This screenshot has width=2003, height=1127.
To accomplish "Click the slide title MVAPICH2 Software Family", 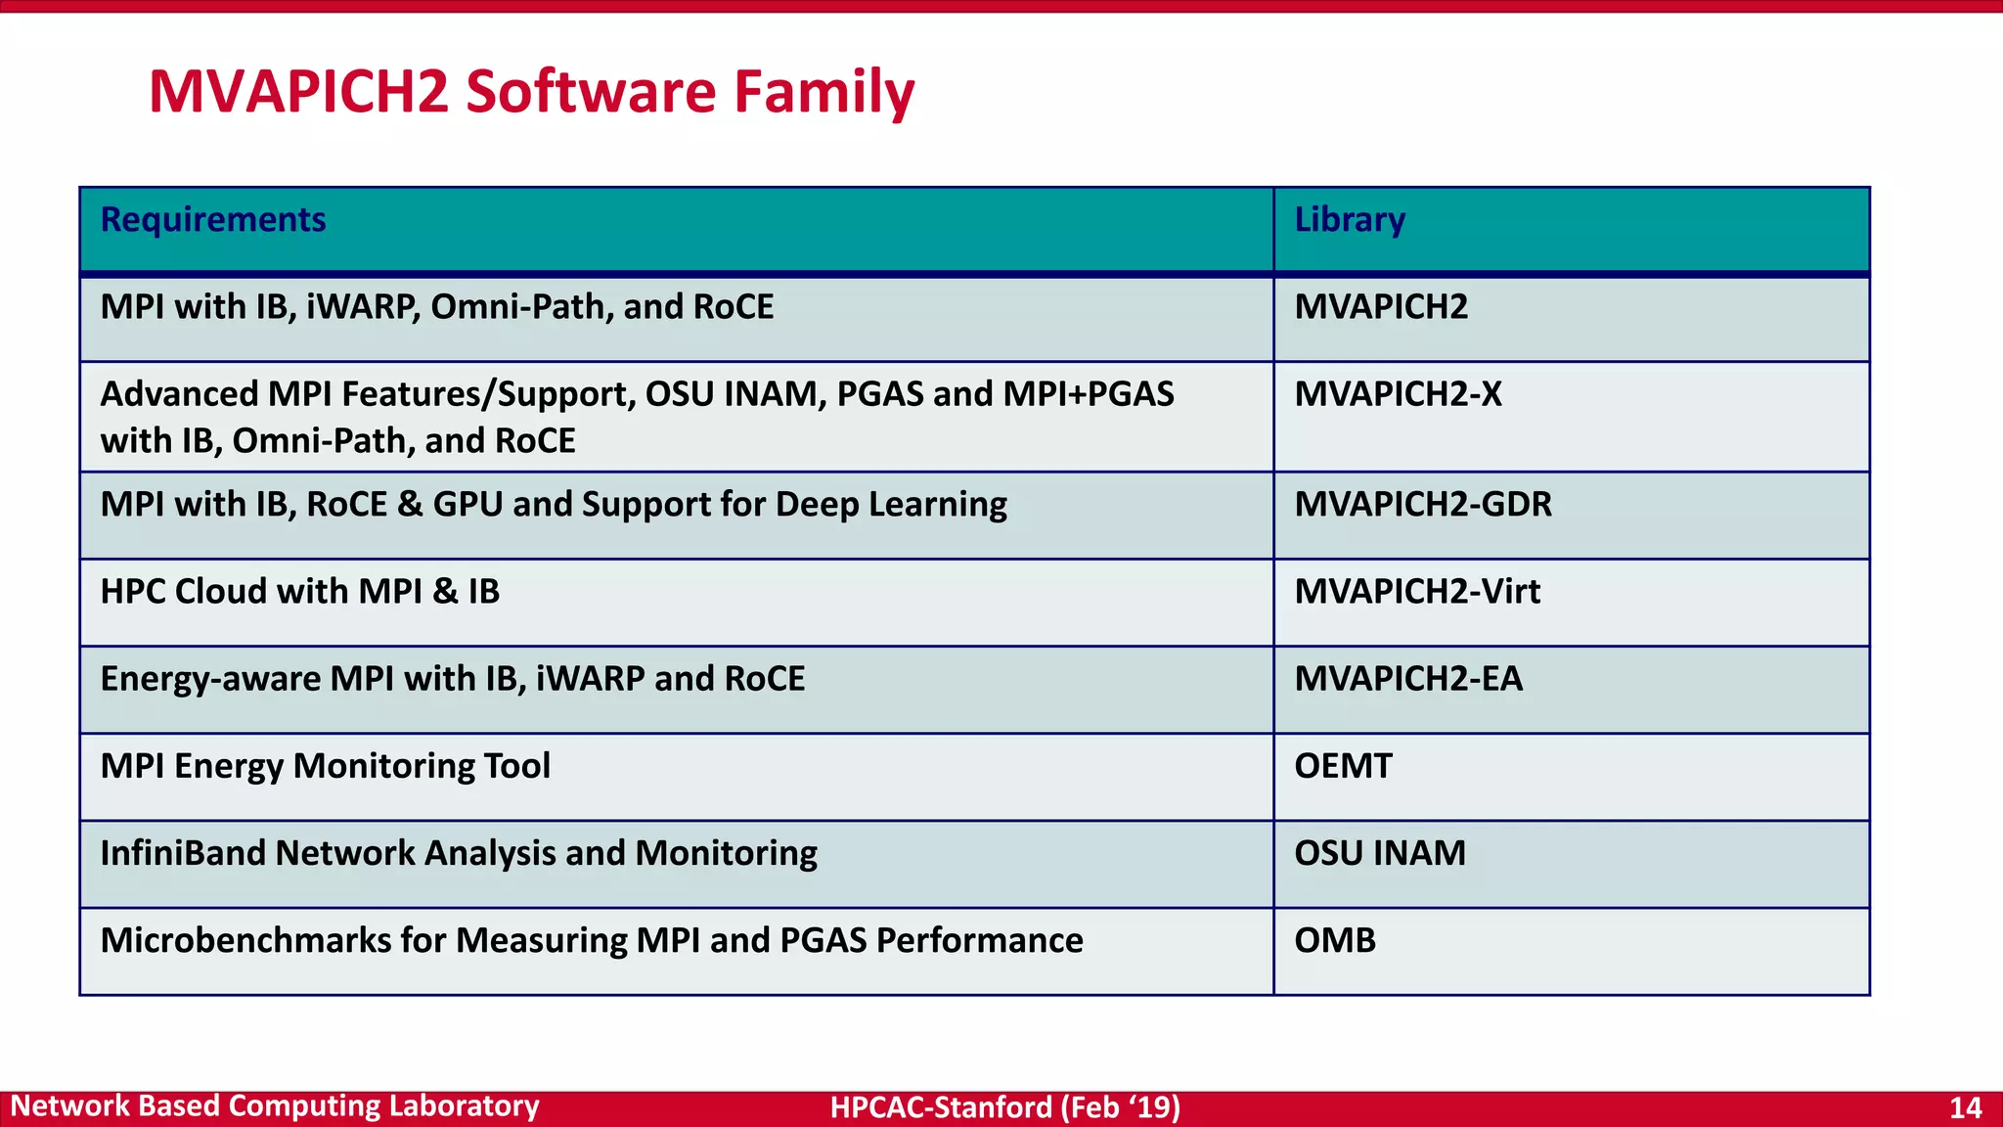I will (531, 92).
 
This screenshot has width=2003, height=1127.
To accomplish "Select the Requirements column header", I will (213, 220).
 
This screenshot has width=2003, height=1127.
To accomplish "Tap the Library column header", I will (1350, 220).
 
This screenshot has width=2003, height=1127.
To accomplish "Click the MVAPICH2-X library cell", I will (1398, 394).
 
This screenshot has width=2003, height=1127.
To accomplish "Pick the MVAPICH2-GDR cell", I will (1423, 505).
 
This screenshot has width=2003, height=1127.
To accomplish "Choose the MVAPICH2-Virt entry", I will (1417, 592).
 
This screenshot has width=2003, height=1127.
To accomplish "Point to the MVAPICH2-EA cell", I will (1408, 679).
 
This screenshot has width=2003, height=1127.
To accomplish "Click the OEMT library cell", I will (1343, 766).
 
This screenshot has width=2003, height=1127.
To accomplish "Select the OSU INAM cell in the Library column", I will (1380, 853).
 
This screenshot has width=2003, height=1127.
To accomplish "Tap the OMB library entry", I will (1335, 940).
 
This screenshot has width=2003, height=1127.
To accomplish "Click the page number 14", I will (1965, 1107).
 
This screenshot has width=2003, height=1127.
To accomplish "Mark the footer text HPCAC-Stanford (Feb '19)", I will (1004, 1107).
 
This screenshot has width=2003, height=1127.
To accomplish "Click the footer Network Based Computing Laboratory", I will (275, 1106).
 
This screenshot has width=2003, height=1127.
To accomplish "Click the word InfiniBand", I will (183, 853).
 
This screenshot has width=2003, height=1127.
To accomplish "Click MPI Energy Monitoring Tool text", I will (325, 766).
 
